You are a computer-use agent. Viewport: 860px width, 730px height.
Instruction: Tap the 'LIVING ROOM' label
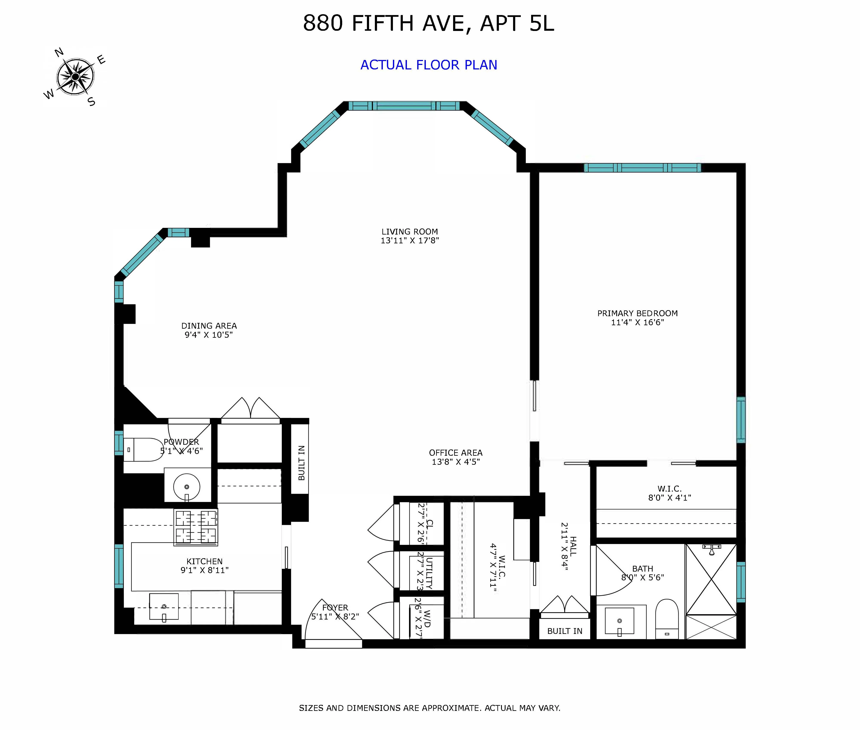409,232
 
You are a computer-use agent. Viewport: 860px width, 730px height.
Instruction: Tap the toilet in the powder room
143,449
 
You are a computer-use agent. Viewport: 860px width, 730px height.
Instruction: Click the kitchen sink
164,607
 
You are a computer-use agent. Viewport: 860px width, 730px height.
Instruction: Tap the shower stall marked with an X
711,579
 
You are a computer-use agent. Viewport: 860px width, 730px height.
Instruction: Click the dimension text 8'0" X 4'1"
669,498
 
